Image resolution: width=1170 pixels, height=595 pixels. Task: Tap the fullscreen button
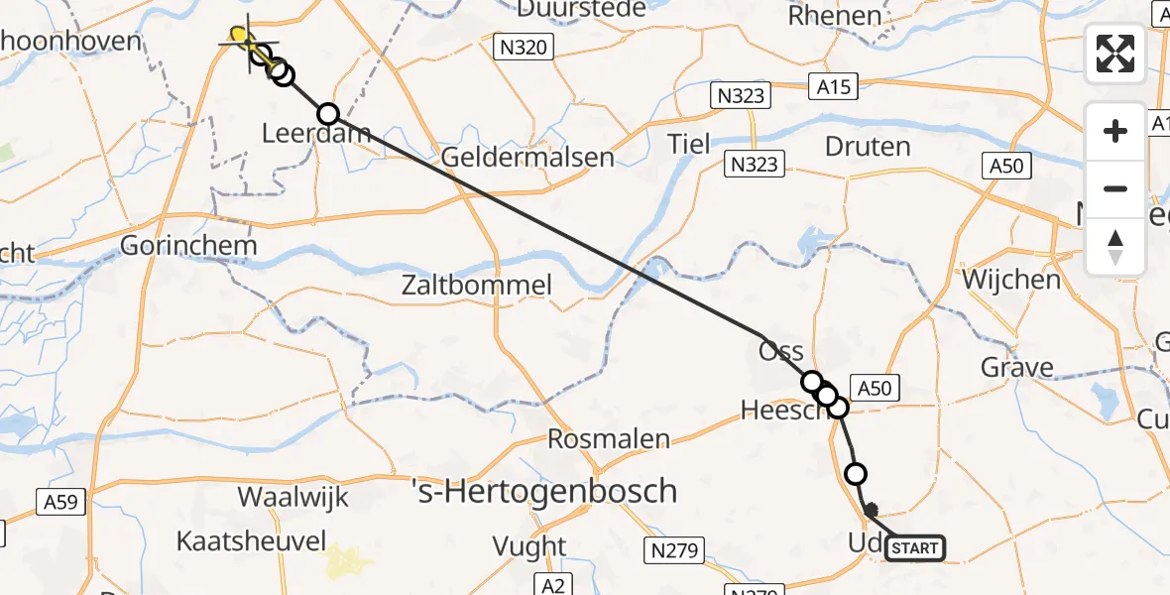(x=1115, y=53)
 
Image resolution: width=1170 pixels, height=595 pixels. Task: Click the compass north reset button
(x=1115, y=247)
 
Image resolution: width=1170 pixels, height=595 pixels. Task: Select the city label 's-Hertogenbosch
(x=544, y=491)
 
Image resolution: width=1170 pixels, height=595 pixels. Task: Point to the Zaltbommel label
(x=476, y=287)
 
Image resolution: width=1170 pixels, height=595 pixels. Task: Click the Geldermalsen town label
(x=526, y=157)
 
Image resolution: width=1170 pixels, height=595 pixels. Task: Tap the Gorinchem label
(x=188, y=245)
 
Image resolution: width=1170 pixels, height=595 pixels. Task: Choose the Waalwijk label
(x=292, y=497)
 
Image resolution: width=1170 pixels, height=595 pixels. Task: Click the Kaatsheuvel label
(x=251, y=540)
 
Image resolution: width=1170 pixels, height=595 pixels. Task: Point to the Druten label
(x=868, y=148)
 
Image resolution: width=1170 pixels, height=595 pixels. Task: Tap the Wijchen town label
(x=1010, y=280)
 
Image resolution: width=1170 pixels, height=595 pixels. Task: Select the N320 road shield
(x=523, y=47)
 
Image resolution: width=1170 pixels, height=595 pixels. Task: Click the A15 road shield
(x=830, y=87)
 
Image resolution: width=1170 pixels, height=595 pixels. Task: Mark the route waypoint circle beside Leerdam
(x=327, y=114)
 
